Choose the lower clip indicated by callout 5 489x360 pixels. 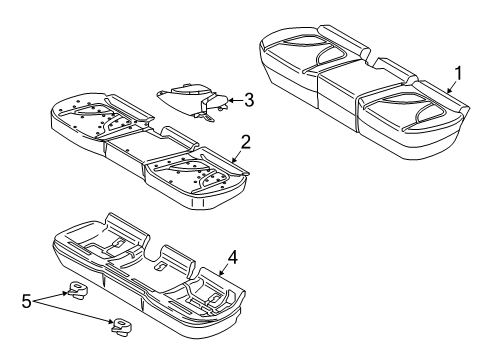tap(122, 325)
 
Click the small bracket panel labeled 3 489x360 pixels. tap(192, 98)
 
